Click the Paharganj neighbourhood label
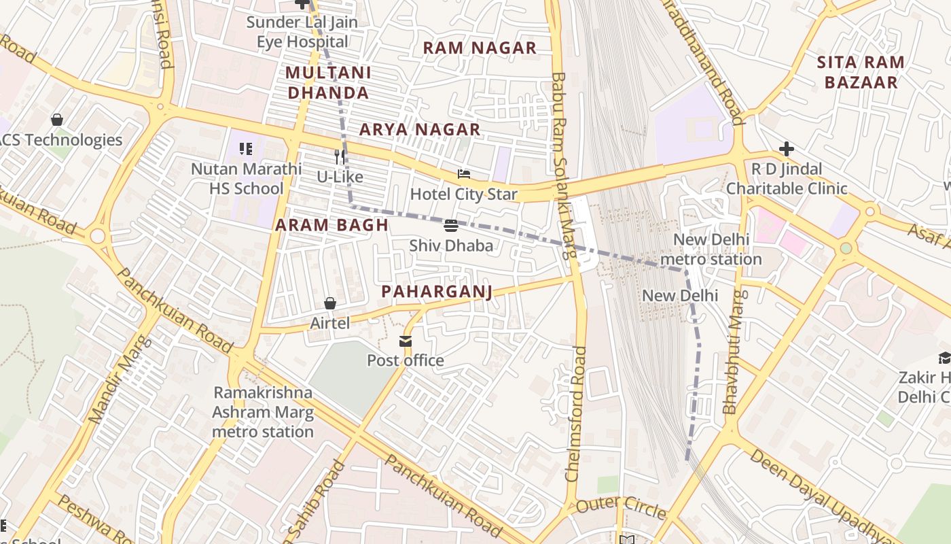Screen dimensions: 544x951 click(x=436, y=292)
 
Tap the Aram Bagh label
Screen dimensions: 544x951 click(x=331, y=225)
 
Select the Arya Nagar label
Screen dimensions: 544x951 click(x=420, y=129)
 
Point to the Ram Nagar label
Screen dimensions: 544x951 click(x=480, y=48)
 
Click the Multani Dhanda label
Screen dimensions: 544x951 click(x=328, y=82)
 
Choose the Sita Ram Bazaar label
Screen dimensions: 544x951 click(x=860, y=72)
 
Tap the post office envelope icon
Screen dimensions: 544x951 click(x=406, y=341)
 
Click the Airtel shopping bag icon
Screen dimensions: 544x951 click(x=330, y=303)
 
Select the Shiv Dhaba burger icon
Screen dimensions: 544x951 click(x=451, y=226)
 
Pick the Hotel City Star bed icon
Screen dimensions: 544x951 click(x=464, y=175)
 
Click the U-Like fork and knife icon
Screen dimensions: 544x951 click(x=340, y=157)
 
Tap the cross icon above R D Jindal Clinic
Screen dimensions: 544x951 click(x=786, y=149)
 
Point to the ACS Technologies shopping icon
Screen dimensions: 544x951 click(x=57, y=120)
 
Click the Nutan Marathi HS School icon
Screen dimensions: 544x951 click(x=246, y=148)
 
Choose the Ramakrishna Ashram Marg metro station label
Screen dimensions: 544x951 click(x=263, y=412)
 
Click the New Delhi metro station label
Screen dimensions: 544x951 click(x=711, y=250)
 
